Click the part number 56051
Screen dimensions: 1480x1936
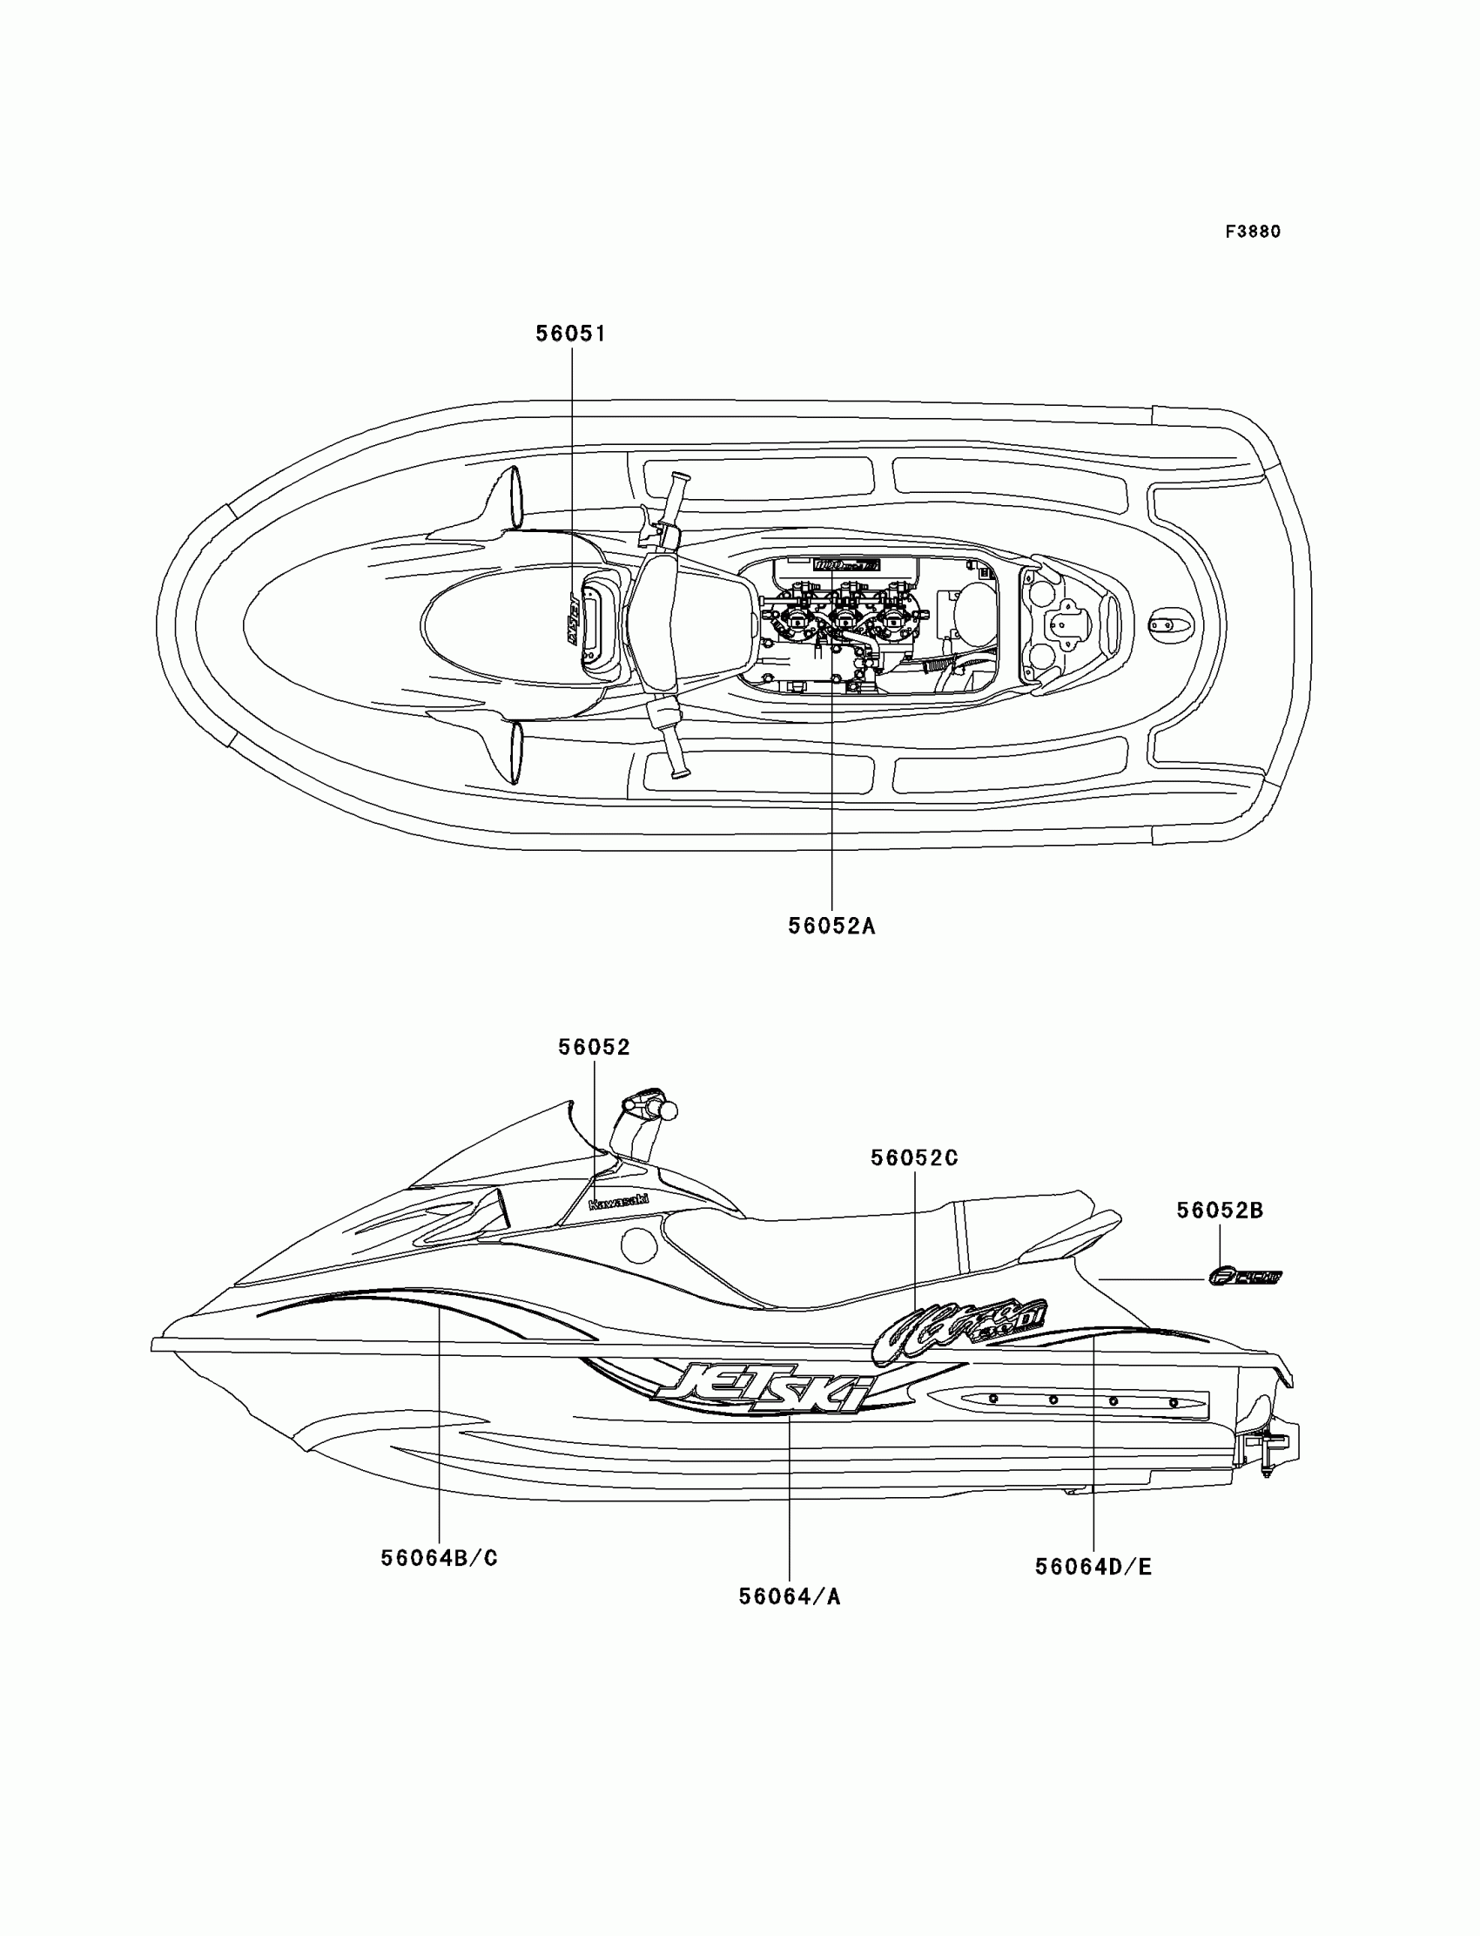571,334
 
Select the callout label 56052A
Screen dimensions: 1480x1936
831,926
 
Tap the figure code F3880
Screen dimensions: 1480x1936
1253,232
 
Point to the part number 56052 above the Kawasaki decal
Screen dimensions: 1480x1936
595,1047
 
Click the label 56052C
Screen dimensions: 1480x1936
914,1158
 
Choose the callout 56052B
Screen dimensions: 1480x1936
1220,1211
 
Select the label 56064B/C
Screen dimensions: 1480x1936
440,1558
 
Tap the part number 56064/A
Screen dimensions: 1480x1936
790,1596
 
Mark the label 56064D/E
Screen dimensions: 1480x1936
1093,1567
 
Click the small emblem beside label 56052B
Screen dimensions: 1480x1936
1246,1276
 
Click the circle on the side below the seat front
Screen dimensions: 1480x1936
639,1245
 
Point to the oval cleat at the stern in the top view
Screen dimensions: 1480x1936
1172,624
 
